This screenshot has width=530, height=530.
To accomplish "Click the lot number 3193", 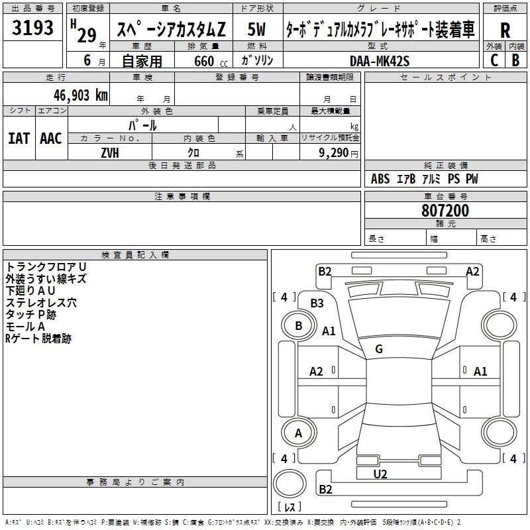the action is [32, 28].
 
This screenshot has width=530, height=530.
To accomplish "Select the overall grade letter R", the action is [505, 30].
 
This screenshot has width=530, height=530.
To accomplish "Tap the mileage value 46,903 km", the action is [80, 95].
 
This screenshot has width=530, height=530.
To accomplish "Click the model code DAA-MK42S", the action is [380, 61].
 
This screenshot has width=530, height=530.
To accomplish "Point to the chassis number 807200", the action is [445, 211].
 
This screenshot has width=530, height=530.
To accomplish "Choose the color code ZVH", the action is [110, 153].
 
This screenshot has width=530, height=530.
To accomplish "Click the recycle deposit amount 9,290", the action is [334, 152].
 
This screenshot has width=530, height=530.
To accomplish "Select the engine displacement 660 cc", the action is [211, 61].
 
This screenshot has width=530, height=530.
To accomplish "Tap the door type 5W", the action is [256, 29].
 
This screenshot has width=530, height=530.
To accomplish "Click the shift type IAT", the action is [19, 138].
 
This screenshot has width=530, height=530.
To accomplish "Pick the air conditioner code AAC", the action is [51, 138].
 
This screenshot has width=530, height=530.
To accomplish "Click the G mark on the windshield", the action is [379, 349].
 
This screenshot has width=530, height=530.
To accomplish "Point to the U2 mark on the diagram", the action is [380, 474].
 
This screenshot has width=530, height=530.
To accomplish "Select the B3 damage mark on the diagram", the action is [317, 303].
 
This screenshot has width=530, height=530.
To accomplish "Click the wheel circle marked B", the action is [299, 326].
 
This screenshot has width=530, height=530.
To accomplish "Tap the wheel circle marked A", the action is [299, 433].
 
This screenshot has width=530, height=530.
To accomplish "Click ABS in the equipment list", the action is [380, 179].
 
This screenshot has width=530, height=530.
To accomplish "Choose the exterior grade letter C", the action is [494, 60].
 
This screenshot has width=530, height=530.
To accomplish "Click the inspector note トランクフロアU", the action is [46, 267].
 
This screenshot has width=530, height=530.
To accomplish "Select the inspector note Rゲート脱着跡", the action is [38, 339].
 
